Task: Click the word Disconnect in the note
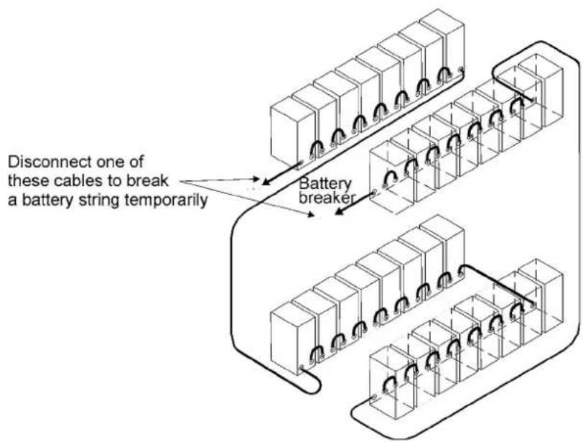50,162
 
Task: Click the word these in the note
29,181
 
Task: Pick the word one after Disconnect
111,162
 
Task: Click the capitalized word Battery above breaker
325,184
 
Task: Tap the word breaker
326,198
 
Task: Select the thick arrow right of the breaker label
354,203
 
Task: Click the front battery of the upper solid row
293,133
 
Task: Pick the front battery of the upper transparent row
391,178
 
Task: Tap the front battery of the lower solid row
293,338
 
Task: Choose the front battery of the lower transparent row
391,382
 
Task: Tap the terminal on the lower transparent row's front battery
374,397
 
